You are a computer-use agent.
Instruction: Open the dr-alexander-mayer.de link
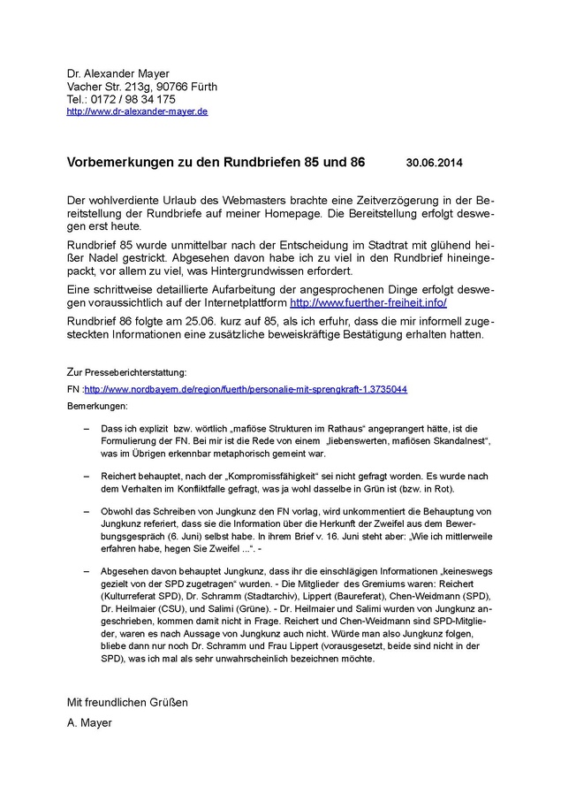[x=137, y=112]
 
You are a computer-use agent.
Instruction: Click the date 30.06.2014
[x=434, y=164]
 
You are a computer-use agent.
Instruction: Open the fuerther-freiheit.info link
[x=368, y=302]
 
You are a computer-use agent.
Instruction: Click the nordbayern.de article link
[x=246, y=389]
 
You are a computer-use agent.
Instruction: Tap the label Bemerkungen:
[x=97, y=405]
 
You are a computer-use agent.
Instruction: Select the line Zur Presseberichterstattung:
[x=126, y=373]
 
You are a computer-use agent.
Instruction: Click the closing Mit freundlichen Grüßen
[x=127, y=702]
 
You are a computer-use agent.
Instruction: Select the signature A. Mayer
[x=89, y=722]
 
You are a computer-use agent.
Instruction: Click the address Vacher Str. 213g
[x=111, y=87]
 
